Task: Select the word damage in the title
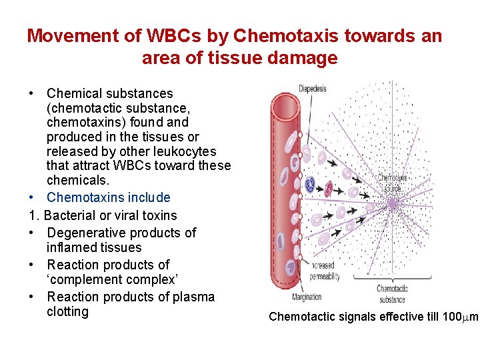tap(308, 59)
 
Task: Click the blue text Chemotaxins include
tap(108, 197)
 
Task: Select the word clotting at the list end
tap(67, 312)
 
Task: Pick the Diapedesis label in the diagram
tap(312, 89)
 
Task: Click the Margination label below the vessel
tap(307, 297)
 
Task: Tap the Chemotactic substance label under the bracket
tap(392, 294)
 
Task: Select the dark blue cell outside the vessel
tap(309, 183)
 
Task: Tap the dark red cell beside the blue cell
tap(329, 187)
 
